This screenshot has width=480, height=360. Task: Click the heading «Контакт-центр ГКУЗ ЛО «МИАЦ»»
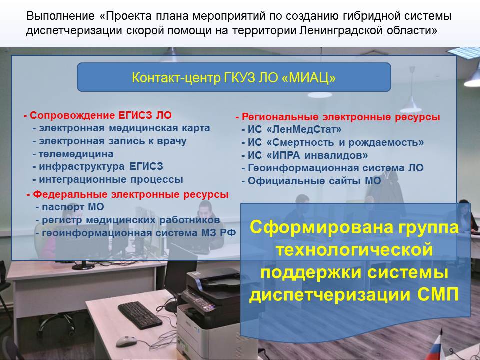234,78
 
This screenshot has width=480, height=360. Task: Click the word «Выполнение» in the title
61,16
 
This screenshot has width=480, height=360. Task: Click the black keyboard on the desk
140,315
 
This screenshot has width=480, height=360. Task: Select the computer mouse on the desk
126,341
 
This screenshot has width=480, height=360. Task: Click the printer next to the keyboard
211,312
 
